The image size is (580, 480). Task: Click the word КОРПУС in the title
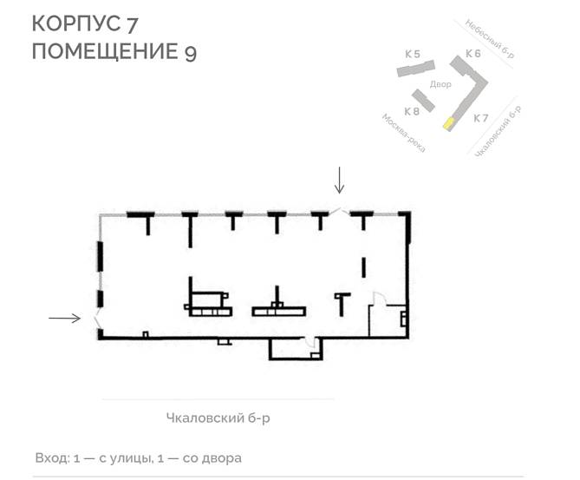[x=75, y=23]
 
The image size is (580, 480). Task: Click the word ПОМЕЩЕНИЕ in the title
[x=105, y=51]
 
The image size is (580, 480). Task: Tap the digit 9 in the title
[x=190, y=53]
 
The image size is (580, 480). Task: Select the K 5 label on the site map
[x=413, y=54]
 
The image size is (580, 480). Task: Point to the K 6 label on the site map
[x=473, y=54]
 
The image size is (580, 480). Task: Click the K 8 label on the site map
[x=412, y=111]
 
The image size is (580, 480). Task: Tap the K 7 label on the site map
[x=481, y=118]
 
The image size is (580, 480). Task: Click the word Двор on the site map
[x=440, y=84]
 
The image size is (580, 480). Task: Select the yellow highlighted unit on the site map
[x=449, y=123]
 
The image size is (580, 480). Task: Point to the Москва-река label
[x=403, y=133]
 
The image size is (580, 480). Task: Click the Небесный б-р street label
[x=489, y=38]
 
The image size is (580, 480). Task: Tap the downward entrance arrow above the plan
[x=339, y=180]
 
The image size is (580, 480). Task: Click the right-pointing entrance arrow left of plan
[x=64, y=318]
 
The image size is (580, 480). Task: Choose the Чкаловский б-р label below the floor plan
[x=218, y=418]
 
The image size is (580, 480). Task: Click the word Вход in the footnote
[x=53, y=458]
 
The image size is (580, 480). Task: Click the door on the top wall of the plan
[x=339, y=212]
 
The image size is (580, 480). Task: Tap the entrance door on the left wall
[x=96, y=320]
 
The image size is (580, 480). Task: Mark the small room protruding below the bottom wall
[x=295, y=348]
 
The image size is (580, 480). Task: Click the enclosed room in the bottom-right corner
[x=388, y=320]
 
